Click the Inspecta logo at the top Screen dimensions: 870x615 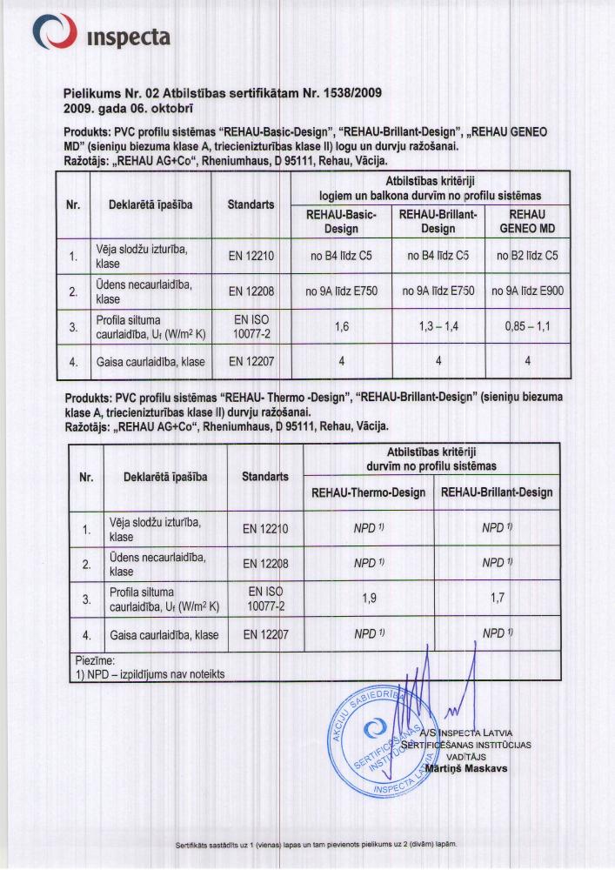tap(100, 35)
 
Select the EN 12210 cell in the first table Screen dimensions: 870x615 tap(251, 257)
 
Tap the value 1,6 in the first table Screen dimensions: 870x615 tap(341, 326)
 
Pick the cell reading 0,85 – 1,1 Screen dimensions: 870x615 tap(527, 326)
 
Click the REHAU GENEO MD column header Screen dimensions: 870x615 tap(527, 222)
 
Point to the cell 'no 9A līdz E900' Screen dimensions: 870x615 tap(527, 291)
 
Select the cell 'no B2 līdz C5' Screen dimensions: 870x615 tap(527, 257)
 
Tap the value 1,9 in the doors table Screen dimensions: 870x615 tap(369, 599)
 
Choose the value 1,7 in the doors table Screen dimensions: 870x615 tap(497, 599)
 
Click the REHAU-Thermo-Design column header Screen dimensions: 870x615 tap(369, 492)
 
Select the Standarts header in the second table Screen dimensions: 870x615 tap(265, 476)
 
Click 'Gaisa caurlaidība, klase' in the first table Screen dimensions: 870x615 tap(150, 360)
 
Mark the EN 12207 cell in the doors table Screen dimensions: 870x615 tap(265, 634)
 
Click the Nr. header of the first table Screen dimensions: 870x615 tap(73, 205)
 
